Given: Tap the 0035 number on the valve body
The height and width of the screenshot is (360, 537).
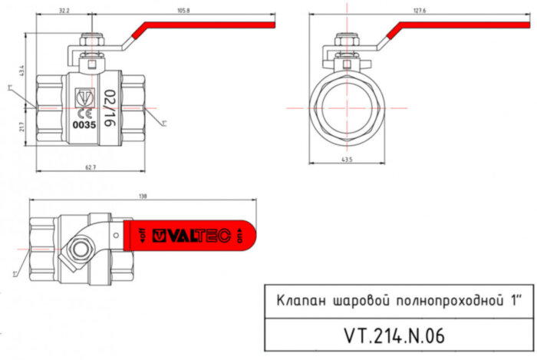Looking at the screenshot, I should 83,123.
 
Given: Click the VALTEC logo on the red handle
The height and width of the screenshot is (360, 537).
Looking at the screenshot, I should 191,236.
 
